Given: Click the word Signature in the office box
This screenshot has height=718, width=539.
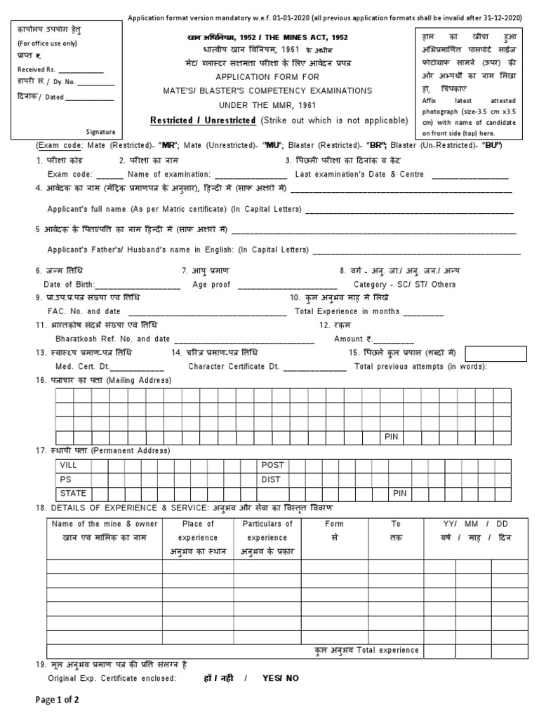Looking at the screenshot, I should [101, 131].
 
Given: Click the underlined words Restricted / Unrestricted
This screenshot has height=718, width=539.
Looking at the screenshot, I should [202, 121].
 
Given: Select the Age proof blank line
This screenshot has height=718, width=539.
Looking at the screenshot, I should [288, 285].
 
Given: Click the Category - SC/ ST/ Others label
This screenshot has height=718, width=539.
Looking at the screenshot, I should [404, 285].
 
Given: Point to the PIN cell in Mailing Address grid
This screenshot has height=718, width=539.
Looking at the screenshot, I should [391, 436].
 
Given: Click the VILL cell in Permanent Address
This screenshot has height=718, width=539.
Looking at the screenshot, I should [68, 465].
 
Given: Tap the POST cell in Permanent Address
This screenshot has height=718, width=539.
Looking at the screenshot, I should [272, 465].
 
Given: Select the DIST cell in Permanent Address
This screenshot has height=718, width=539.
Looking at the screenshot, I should [271, 480].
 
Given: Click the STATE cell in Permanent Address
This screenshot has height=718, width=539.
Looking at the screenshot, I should [72, 494].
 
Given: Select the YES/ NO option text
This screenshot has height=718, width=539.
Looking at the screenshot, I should [281, 678].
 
